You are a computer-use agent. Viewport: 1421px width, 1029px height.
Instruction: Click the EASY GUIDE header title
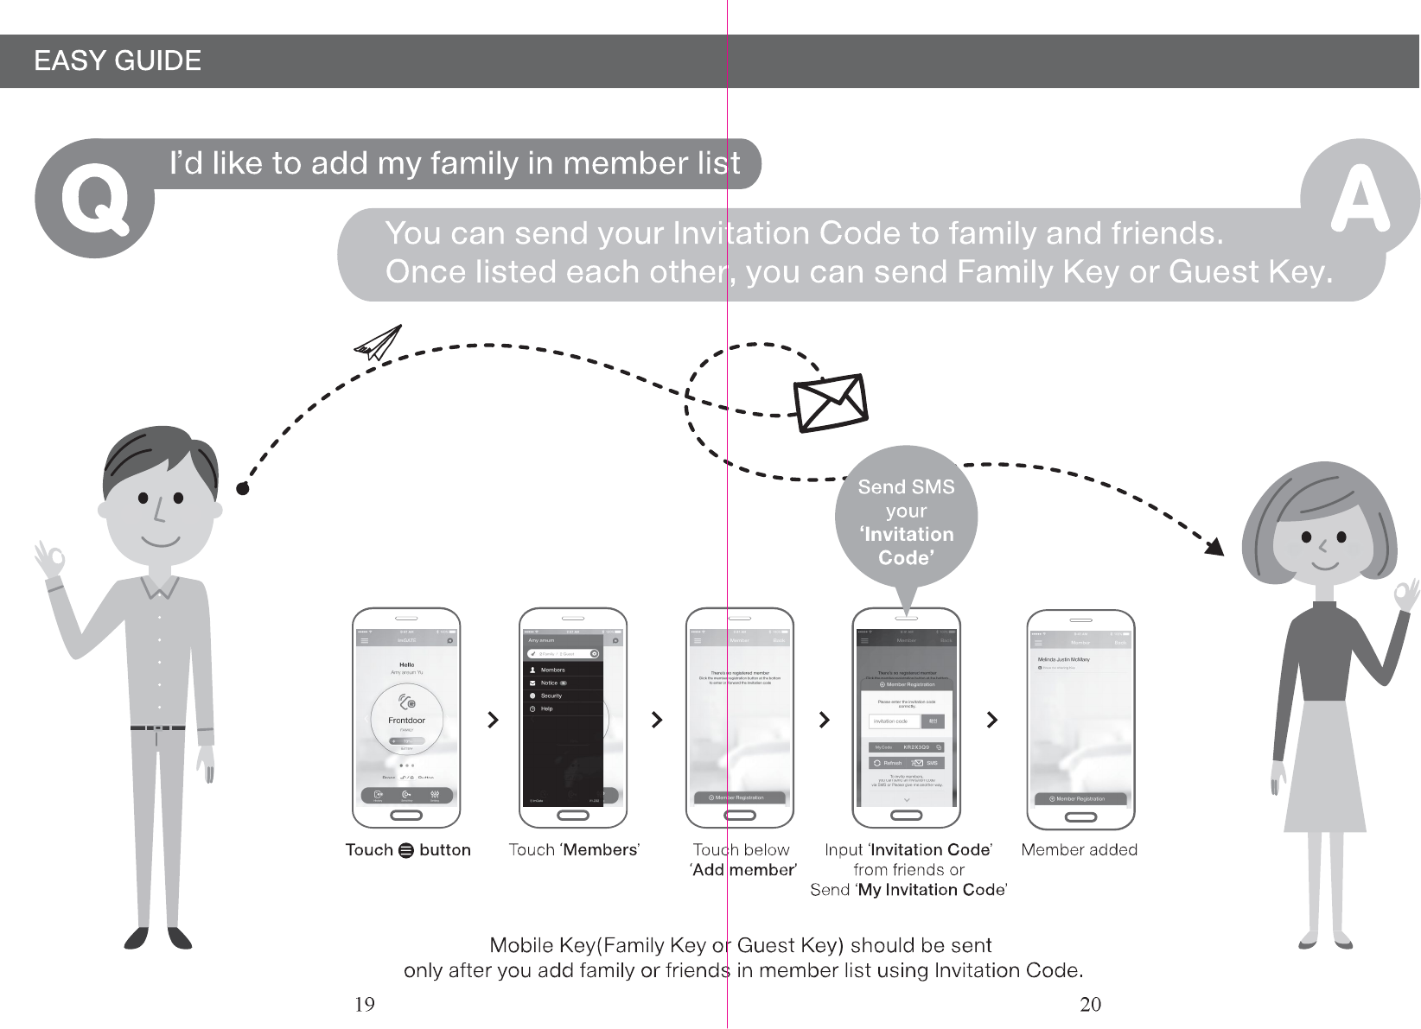118,61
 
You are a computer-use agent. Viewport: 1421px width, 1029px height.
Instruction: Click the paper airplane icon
378,343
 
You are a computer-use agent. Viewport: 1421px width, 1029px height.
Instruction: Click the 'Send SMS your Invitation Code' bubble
906,521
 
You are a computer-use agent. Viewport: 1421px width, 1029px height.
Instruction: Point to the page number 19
365,1004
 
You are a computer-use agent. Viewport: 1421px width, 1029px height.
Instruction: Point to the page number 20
1091,1004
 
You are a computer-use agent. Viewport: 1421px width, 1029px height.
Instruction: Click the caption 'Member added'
1079,850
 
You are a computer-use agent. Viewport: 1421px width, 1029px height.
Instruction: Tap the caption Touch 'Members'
574,850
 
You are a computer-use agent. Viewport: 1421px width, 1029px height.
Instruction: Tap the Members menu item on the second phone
552,670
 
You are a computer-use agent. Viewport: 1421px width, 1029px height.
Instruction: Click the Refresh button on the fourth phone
888,763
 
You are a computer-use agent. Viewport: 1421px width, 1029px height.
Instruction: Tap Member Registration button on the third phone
740,797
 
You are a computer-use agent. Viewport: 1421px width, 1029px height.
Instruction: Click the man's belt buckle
157,728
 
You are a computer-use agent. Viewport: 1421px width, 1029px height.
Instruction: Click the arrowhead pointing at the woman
1215,547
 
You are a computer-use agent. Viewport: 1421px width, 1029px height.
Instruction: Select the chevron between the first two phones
493,720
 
